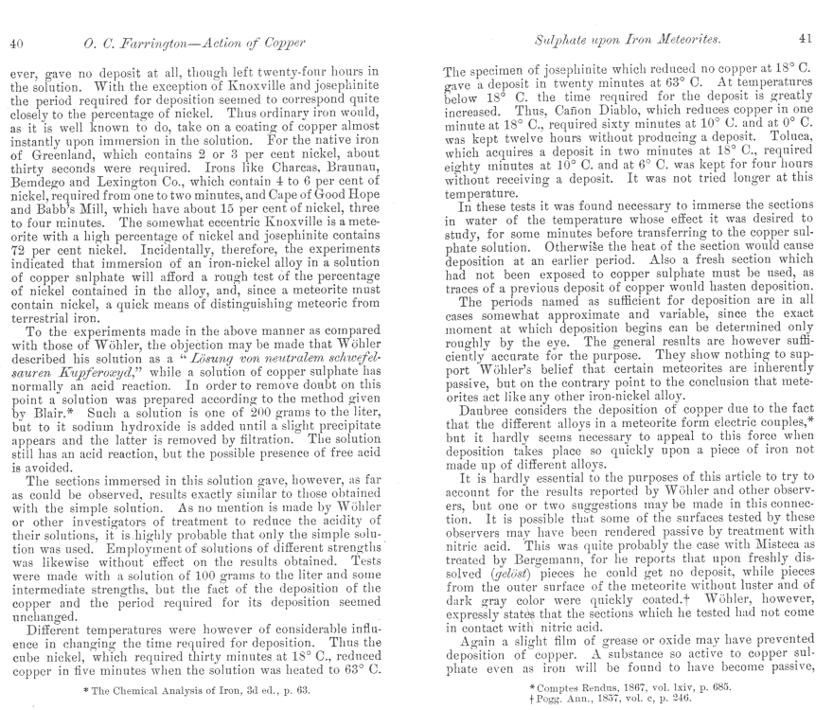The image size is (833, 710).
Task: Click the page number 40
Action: pyautogui.click(x=18, y=41)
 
